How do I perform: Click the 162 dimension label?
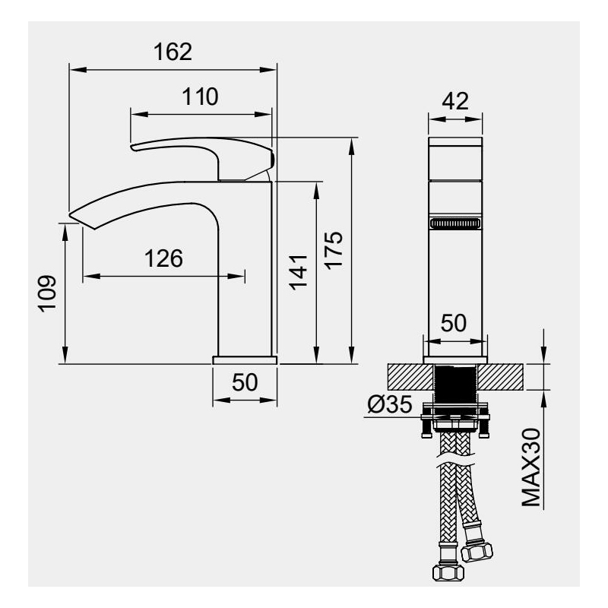(173, 52)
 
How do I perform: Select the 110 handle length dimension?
(200, 97)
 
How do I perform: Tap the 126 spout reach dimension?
(163, 258)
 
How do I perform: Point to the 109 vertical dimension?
(47, 293)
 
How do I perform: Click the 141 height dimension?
(298, 272)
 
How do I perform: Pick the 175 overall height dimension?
(334, 250)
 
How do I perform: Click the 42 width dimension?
(455, 101)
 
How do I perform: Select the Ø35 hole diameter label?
(389, 405)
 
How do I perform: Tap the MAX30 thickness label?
(530, 467)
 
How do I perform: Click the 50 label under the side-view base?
(245, 382)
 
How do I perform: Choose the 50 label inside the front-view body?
(454, 323)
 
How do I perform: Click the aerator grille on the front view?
(455, 223)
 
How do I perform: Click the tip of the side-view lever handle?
(132, 147)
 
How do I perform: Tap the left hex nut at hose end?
(448, 572)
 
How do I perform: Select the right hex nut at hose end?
(477, 552)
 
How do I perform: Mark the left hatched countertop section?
(410, 377)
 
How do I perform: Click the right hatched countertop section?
(500, 377)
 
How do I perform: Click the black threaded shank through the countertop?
(455, 384)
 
